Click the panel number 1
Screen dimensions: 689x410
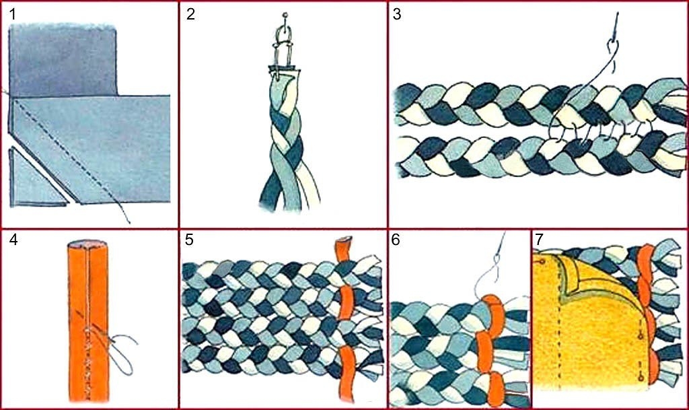click(x=13, y=15)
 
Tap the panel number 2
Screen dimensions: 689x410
click(x=190, y=15)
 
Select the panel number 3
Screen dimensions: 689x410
click(x=397, y=15)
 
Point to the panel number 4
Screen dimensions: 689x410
click(x=13, y=240)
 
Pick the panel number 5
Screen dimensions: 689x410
click(x=189, y=240)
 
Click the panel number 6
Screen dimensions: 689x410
click(x=396, y=240)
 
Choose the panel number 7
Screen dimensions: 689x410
click(x=539, y=240)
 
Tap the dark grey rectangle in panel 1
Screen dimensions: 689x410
click(x=63, y=60)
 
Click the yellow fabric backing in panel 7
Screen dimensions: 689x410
click(x=589, y=334)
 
